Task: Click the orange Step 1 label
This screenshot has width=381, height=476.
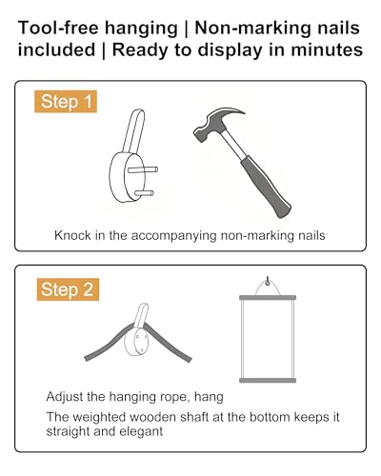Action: (66, 102)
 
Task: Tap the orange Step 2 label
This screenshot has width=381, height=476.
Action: (68, 289)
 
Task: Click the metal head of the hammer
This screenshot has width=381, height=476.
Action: (216, 124)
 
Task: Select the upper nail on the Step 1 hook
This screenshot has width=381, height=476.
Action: (143, 169)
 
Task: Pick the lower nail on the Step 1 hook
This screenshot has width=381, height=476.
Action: (144, 193)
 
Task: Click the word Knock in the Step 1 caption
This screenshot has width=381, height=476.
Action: (72, 235)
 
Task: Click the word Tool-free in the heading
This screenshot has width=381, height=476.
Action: (58, 28)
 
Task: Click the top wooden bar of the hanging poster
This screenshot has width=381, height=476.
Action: (268, 298)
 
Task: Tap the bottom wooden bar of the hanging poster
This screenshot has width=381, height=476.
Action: (268, 380)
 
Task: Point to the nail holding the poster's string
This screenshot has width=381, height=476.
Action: (268, 281)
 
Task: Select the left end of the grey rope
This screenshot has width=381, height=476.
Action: (87, 358)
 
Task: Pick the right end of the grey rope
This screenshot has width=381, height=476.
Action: (190, 360)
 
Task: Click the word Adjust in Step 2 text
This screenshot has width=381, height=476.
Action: (65, 397)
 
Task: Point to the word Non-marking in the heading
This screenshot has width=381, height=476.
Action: (254, 29)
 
